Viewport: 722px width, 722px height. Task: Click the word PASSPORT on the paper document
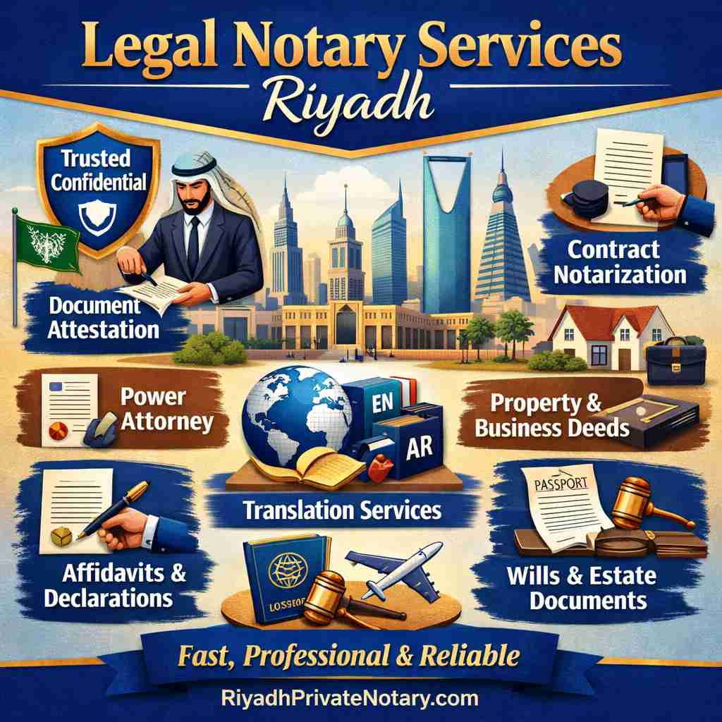(551, 484)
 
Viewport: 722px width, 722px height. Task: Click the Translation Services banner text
(341, 510)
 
